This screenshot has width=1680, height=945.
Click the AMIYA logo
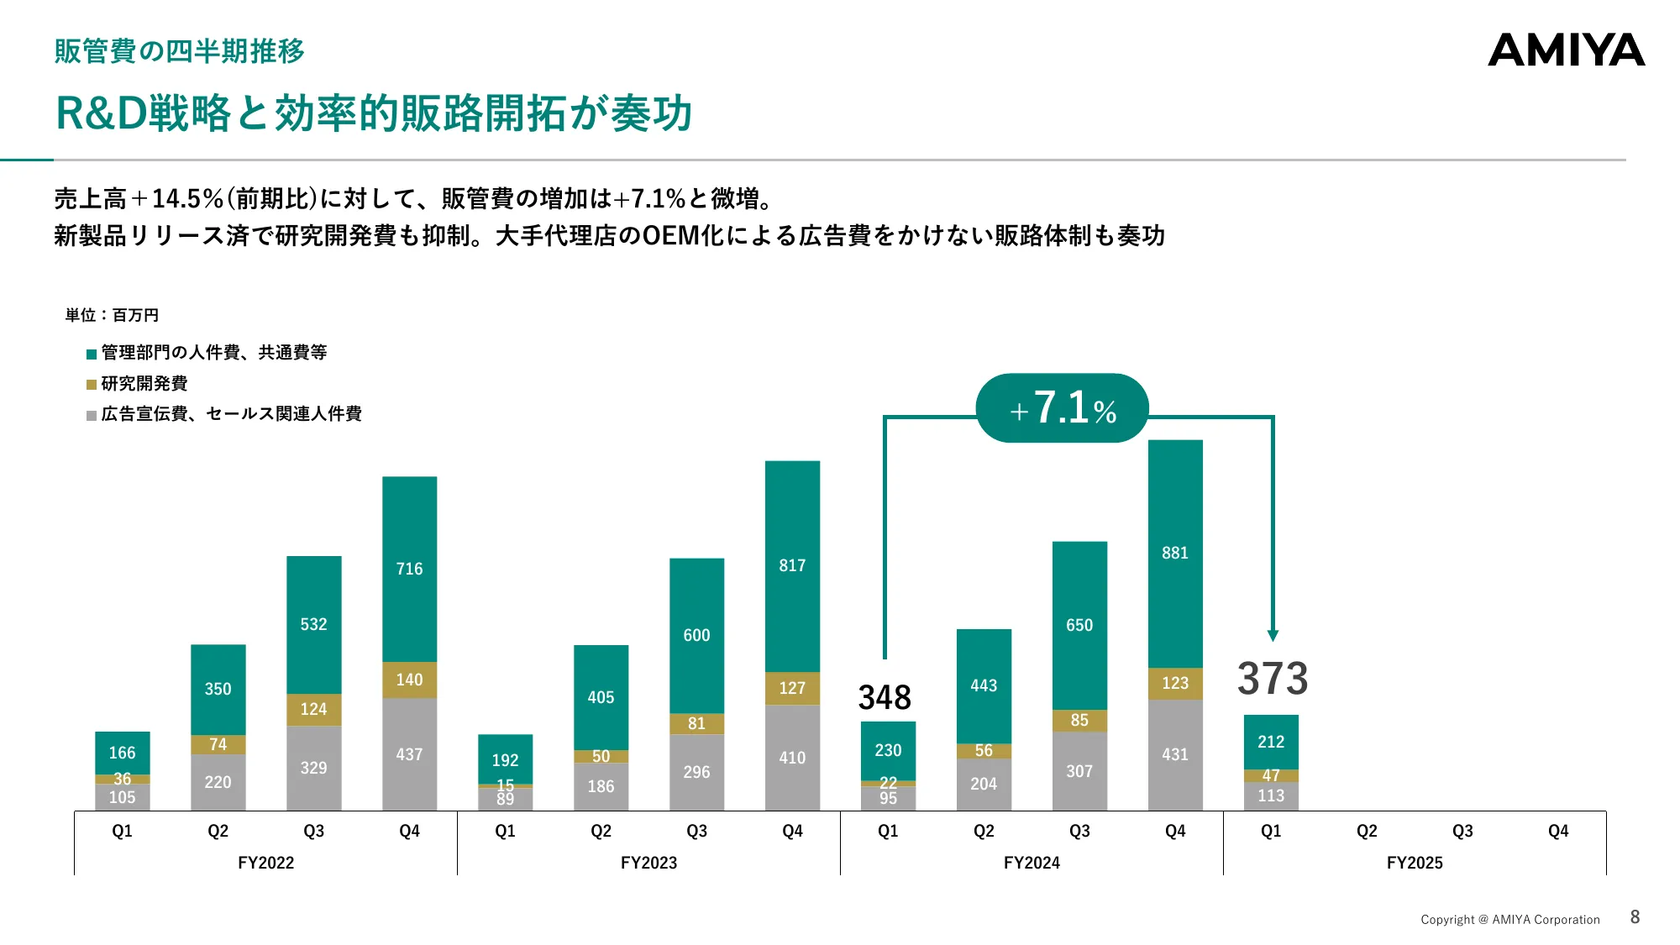pos(1566,50)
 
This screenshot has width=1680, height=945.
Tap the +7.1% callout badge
pos(1062,408)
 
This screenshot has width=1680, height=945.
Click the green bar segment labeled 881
pos(1175,554)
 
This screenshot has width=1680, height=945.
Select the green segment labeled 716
pos(409,569)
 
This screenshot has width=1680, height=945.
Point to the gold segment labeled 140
pos(409,680)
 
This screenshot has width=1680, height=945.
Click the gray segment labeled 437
pos(409,754)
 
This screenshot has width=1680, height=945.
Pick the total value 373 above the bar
pos(1272,679)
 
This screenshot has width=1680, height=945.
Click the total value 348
pos(885,697)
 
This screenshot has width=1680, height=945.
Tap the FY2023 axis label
pos(648,863)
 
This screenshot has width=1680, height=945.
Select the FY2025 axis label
pos(1415,863)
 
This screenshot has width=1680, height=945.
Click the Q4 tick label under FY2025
pos(1558,831)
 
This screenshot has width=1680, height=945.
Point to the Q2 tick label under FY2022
pos(218,831)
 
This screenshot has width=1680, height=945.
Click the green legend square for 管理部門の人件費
pos(92,354)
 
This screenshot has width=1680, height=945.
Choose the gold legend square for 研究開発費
pos(92,385)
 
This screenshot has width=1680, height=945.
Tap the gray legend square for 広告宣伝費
pos(92,415)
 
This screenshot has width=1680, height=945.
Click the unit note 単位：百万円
pos(112,315)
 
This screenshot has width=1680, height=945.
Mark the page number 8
pos(1635,917)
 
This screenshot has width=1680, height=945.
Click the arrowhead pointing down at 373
pos(1273,636)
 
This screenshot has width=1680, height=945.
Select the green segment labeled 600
pos(696,635)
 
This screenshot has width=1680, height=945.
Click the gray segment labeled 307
pos(1079,771)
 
